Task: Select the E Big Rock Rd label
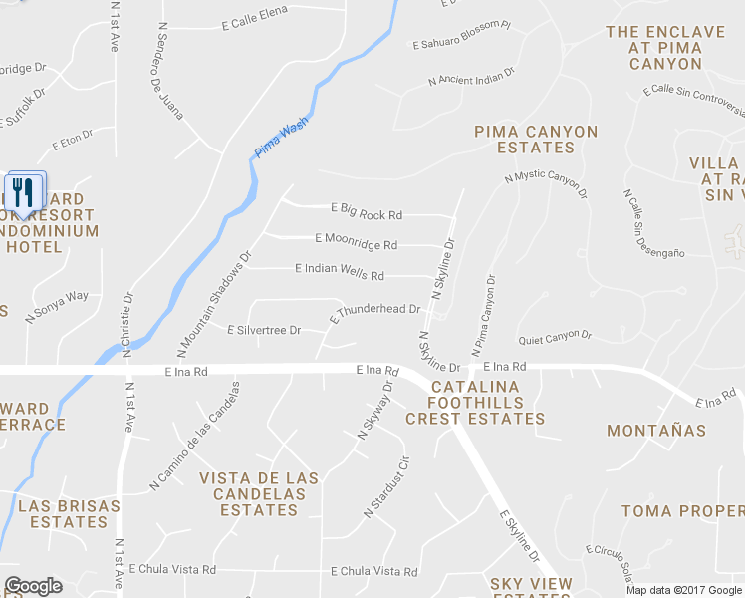[366, 213]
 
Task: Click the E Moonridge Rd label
[356, 241]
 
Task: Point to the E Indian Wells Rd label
[340, 270]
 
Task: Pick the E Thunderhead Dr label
[374, 311]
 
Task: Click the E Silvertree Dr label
[264, 330]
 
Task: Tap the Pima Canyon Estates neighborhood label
[536, 140]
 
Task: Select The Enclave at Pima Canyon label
[665, 48]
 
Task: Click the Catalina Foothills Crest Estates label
[475, 403]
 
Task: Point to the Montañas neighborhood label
[656, 431]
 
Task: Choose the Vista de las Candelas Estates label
[259, 494]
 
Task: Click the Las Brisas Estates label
[69, 514]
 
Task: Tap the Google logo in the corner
[33, 586]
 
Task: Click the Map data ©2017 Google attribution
[684, 589]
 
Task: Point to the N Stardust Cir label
[386, 487]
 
